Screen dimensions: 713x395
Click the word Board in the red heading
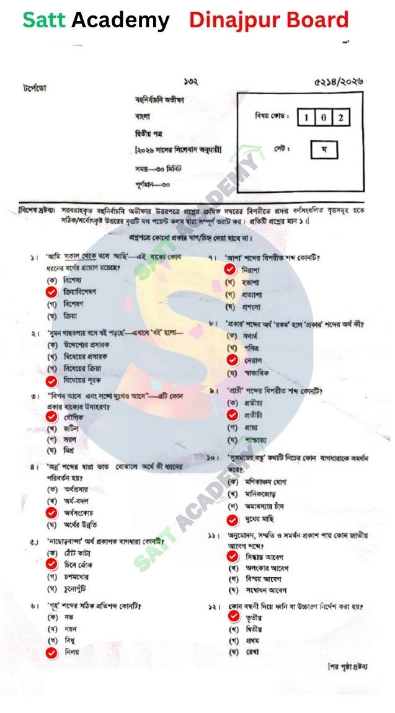[317, 20]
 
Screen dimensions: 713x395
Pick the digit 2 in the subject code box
[340, 117]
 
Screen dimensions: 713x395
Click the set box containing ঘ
[324, 149]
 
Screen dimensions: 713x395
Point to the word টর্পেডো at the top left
[34, 88]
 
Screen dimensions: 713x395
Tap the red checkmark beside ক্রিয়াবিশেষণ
[51, 292]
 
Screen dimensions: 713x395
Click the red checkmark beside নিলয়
[51, 652]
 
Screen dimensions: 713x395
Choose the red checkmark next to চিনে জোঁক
[51, 565]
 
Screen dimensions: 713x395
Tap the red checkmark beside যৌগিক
[51, 417]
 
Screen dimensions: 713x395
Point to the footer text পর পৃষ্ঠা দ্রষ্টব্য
[347, 666]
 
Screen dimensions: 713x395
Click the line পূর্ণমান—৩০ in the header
[153, 184]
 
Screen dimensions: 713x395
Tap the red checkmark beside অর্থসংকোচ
[51, 513]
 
